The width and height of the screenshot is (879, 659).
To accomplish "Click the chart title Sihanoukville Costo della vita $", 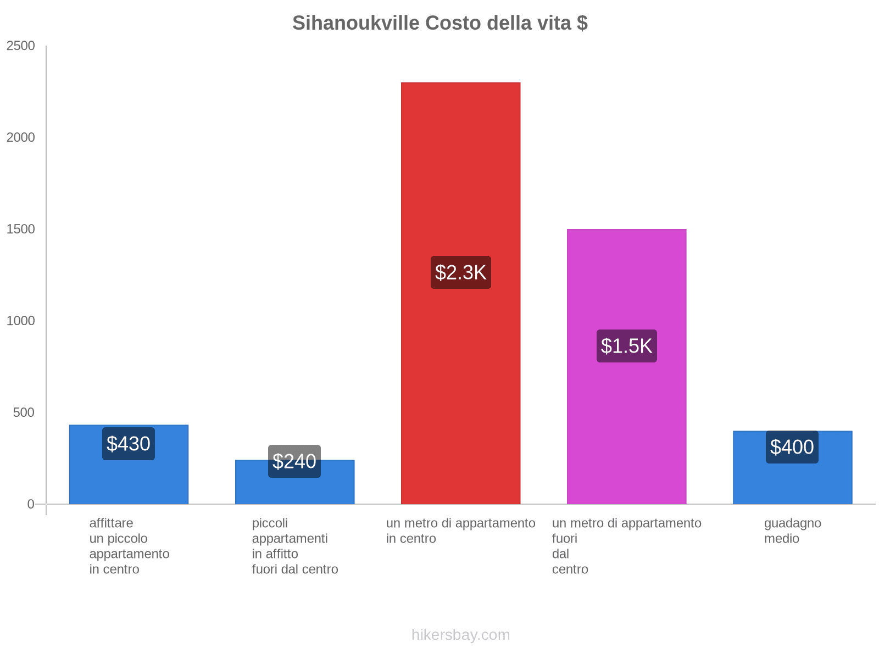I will click(x=439, y=23).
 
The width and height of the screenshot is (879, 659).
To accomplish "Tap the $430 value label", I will click(x=129, y=444).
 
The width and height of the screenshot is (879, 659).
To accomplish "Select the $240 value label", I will click(x=294, y=461).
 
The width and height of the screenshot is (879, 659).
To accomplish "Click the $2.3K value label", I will click(x=460, y=272).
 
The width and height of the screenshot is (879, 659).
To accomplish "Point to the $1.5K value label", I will click(x=626, y=346).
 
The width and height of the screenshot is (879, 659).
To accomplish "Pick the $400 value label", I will click(x=792, y=447).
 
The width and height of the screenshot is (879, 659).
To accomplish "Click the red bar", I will click(x=460, y=165).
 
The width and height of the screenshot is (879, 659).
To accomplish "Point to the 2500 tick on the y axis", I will click(x=21, y=46).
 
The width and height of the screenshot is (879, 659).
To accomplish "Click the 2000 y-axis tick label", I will click(x=21, y=138).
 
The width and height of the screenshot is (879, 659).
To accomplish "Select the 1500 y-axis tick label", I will click(x=21, y=230).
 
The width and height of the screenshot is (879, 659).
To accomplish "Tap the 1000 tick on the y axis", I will click(x=21, y=321).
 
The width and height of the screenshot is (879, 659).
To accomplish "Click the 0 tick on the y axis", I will click(x=31, y=504).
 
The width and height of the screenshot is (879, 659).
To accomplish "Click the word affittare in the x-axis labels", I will click(x=111, y=523).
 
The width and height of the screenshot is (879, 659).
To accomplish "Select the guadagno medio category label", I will click(x=792, y=531).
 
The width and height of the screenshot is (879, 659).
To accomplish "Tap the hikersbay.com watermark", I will click(x=460, y=635).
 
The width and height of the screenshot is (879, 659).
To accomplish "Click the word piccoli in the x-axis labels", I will click(x=270, y=523).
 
